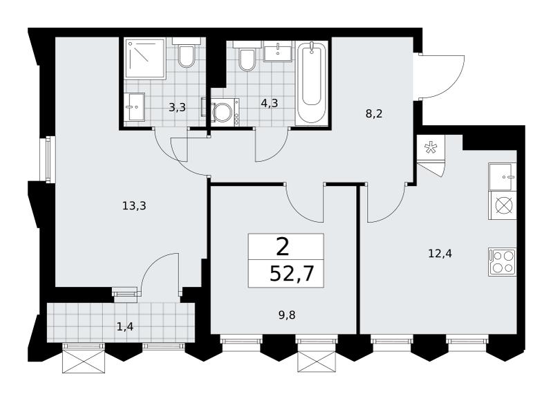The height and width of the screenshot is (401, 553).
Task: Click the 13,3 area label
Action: tap(134, 205)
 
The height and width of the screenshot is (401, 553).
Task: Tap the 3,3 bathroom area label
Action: tap(177, 107)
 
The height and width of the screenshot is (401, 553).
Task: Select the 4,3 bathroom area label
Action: tap(270, 103)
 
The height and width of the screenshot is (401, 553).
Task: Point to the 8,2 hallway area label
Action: tap(374, 113)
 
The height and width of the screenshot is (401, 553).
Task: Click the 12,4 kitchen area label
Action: tap(440, 253)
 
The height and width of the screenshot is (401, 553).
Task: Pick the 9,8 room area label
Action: tap(287, 315)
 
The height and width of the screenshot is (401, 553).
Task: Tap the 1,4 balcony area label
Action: tap(125, 327)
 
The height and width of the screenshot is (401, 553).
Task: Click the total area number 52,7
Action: tap(291, 273)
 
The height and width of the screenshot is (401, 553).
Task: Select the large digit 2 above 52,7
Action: tap(283, 247)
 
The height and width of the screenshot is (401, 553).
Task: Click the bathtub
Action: tap(312, 82)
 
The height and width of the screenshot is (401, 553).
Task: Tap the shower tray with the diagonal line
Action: tap(145, 58)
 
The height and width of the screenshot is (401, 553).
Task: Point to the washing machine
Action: tap(222, 111)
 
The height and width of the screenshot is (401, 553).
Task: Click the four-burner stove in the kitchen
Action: tap(503, 262)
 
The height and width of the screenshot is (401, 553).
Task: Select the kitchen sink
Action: tap(503, 177)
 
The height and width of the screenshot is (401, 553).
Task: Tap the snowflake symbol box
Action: tap(430, 148)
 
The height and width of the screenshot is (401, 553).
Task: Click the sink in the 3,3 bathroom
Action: tap(134, 107)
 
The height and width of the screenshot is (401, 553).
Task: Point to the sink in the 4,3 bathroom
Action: tap(278, 51)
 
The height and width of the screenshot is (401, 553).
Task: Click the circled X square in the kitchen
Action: tap(503, 205)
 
